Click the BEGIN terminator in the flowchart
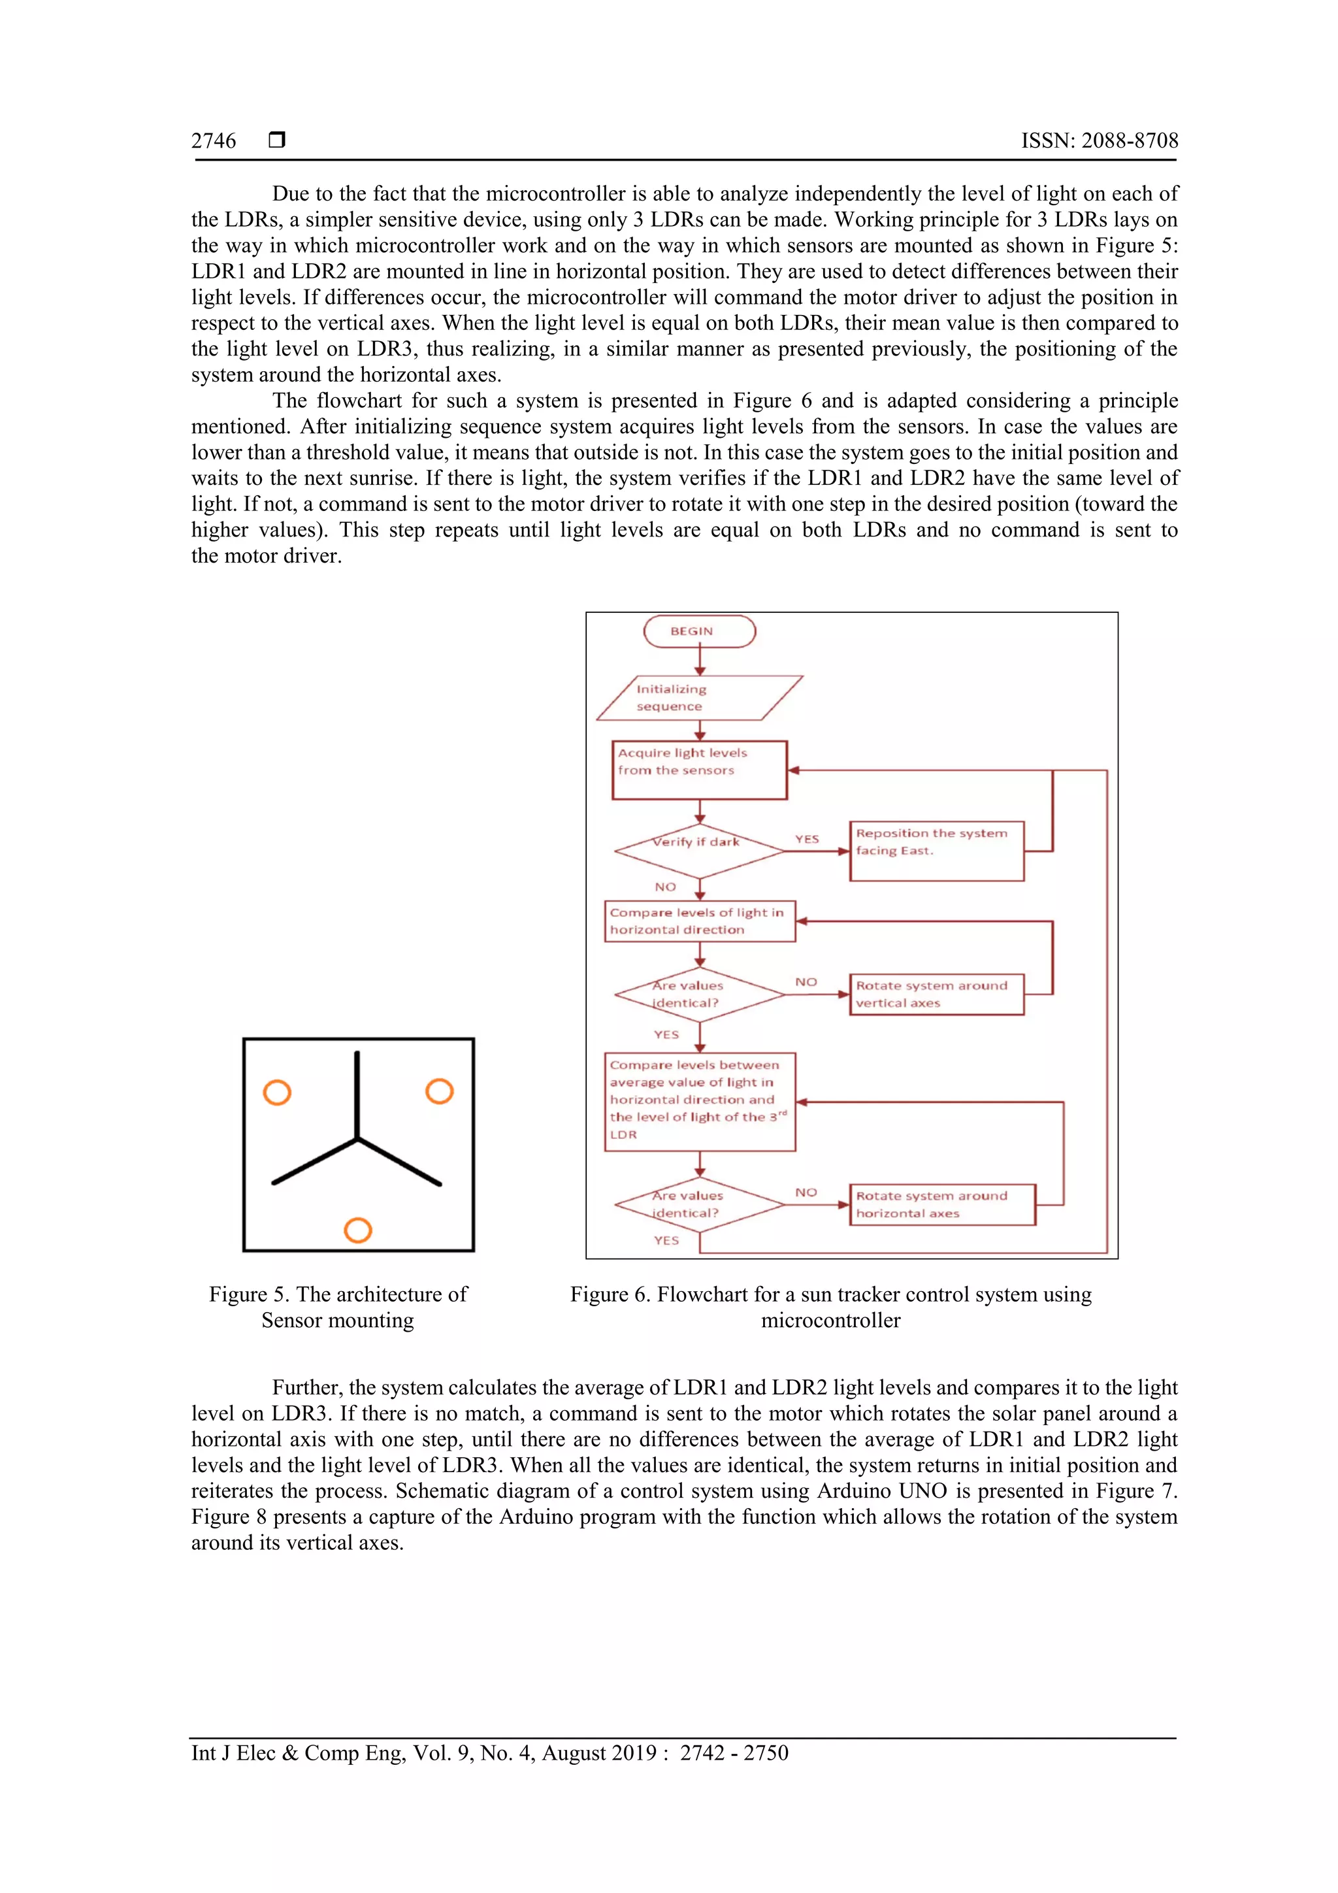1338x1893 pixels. (x=698, y=632)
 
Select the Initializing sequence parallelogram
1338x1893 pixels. (x=698, y=697)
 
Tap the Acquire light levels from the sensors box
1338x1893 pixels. (x=699, y=770)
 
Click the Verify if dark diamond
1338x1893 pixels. (x=699, y=850)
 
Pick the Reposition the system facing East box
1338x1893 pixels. (x=936, y=850)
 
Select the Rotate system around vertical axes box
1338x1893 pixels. (x=936, y=995)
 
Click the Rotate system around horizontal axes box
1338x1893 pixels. (x=941, y=1204)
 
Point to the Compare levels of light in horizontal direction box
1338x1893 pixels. (x=699, y=921)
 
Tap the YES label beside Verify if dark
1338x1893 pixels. (x=806, y=839)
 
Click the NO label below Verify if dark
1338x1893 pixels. (x=664, y=887)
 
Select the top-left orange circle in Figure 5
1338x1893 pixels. (x=277, y=1093)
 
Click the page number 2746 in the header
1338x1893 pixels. (x=214, y=141)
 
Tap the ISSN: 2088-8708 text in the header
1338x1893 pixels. (x=1099, y=141)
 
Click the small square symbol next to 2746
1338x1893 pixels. (x=277, y=139)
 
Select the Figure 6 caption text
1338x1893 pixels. (x=830, y=1307)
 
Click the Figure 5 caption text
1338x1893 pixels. (x=338, y=1307)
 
